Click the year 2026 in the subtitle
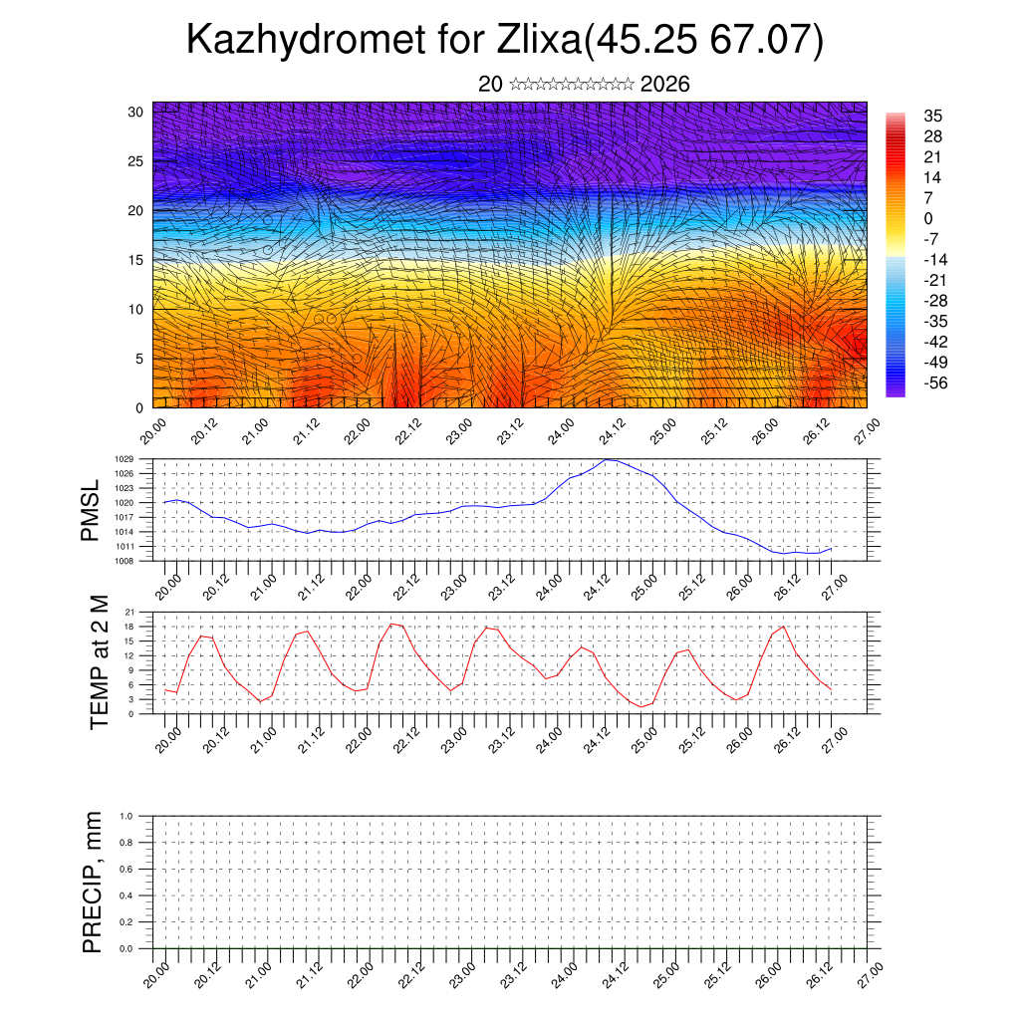665,85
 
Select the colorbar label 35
933,116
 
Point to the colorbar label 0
928,218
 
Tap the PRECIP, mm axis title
93,882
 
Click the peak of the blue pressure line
611,459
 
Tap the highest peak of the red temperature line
391,624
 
